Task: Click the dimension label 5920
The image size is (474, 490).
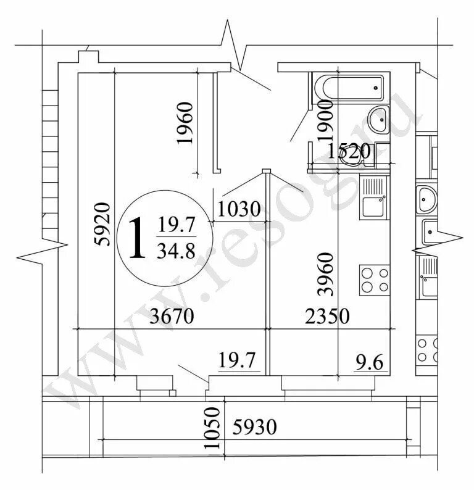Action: click(103, 224)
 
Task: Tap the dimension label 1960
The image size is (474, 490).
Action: click(185, 123)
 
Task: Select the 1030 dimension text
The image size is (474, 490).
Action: click(239, 209)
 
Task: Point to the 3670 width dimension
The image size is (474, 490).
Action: click(172, 316)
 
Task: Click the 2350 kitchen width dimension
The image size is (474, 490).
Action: click(327, 316)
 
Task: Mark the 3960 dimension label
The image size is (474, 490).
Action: click(326, 274)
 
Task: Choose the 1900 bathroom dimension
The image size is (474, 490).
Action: click(325, 120)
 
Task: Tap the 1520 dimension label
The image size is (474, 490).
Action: click(349, 151)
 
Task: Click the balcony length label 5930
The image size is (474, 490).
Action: click(255, 427)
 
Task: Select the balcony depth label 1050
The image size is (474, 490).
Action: click(212, 428)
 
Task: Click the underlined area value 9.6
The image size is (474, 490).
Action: click(370, 363)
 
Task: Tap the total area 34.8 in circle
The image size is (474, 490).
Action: click(177, 251)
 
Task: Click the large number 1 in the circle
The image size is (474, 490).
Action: click(138, 238)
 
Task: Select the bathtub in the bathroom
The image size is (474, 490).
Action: click(349, 88)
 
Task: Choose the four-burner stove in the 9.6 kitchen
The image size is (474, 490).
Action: click(375, 280)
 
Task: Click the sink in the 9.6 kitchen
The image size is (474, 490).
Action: click(373, 197)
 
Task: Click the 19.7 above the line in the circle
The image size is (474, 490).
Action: click(177, 225)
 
